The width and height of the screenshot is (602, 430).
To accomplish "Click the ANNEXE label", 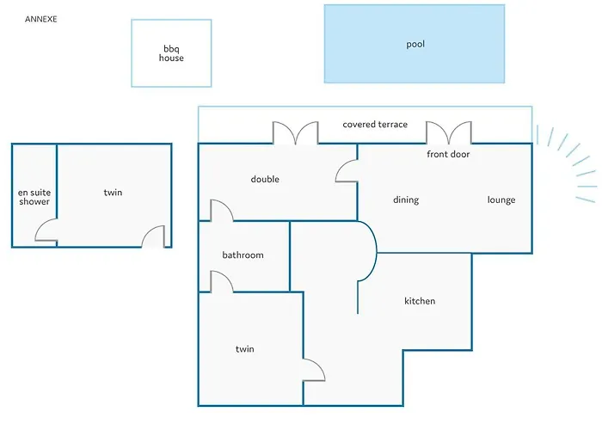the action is coord(40,19).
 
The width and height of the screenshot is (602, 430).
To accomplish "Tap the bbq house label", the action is coord(171,53).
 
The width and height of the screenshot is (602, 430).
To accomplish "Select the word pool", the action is coord(415,44).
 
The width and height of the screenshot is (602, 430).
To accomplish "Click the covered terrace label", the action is coord(375,125).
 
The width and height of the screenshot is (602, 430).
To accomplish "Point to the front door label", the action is coord(448,154).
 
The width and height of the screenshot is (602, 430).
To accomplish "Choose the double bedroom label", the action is coord(265,179).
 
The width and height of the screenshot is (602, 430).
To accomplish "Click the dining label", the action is coord(406,200).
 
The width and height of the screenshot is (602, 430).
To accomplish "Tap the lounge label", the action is coord(501,200).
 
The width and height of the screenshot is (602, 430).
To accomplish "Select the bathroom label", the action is coord(243,255).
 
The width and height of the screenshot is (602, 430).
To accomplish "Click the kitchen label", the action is coord(420,301).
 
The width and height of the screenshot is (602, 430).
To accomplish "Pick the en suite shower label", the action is coord(34,197).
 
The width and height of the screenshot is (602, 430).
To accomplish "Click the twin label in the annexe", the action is coord(113,193).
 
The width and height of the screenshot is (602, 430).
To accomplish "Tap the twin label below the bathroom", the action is coord(244,349).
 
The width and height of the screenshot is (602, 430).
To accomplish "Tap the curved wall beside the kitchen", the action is coord(377,251).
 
